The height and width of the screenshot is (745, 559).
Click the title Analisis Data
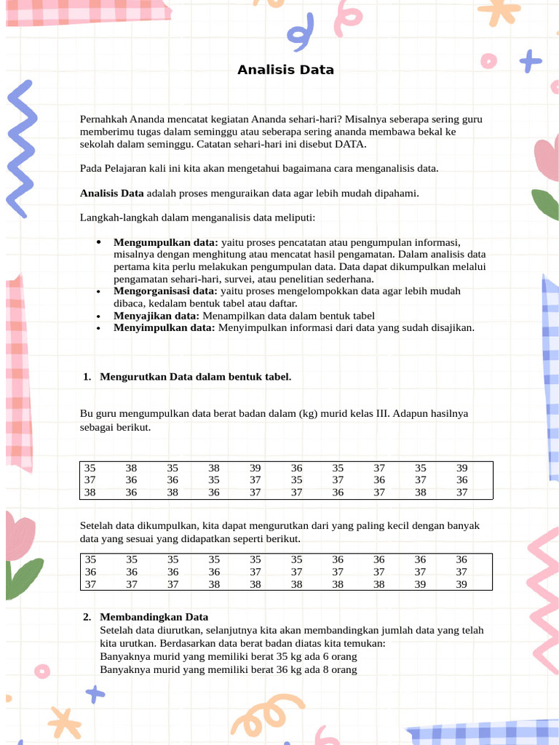285,70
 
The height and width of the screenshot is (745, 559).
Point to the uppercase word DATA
351,144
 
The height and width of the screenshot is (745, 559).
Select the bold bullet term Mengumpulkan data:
166,242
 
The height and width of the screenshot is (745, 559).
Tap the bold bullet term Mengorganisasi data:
166,291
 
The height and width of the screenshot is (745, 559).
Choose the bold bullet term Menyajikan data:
156,316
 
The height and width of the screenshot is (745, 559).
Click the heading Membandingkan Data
154,616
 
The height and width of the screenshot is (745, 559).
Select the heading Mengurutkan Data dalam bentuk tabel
195,376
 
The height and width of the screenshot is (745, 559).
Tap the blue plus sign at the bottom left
95,693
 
